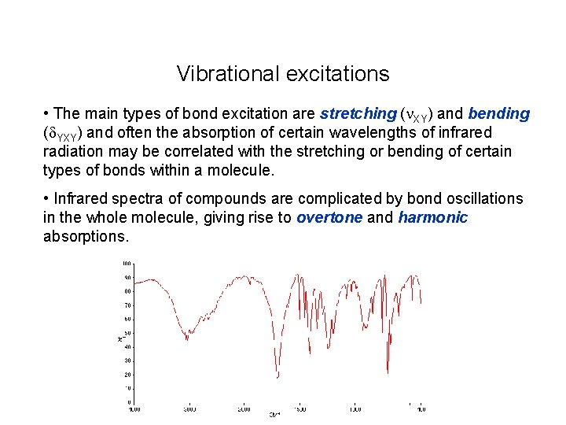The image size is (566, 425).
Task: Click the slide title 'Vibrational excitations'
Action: click(x=283, y=74)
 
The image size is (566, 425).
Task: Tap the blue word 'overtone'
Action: click(x=329, y=218)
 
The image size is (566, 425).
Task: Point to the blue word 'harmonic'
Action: click(x=432, y=218)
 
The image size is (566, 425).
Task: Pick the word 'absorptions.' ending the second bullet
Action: click(x=85, y=236)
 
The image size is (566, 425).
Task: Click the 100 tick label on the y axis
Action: click(x=127, y=263)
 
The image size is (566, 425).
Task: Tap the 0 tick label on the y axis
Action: click(x=129, y=401)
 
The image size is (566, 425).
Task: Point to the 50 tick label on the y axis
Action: click(x=127, y=332)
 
